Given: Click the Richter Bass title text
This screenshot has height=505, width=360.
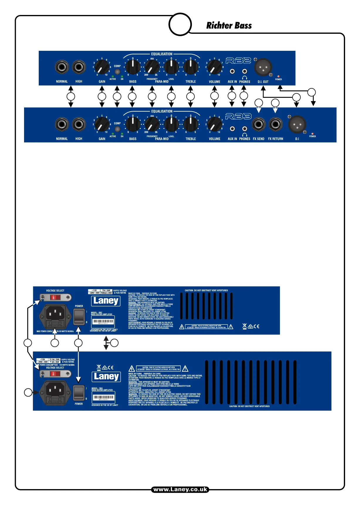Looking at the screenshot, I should tap(229, 26).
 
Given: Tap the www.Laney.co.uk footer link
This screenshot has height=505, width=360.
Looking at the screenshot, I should tap(180, 489).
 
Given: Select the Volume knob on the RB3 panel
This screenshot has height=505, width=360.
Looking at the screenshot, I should tap(214, 124).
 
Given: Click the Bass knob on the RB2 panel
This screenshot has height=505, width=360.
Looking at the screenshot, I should tap(133, 67).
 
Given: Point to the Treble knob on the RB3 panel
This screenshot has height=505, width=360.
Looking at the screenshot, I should tap(190, 124).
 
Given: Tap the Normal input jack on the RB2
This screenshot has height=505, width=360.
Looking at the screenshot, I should tap(62, 67).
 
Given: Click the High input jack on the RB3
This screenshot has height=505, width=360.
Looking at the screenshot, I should tap(79, 124).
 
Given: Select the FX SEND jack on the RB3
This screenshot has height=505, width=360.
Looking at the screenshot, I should tap(258, 124).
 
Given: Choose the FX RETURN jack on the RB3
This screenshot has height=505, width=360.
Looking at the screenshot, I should tap(275, 124).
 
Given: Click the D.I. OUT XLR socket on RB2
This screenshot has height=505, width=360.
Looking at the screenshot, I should tap(263, 67).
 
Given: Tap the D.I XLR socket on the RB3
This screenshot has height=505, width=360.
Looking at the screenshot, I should tap(297, 124).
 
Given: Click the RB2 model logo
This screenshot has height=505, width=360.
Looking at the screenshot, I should tap(238, 60).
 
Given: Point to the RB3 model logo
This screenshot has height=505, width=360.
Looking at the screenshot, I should tap(238, 117).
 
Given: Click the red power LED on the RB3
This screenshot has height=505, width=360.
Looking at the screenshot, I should tap(312, 134).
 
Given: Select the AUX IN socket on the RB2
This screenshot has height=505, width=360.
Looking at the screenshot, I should tap(232, 71).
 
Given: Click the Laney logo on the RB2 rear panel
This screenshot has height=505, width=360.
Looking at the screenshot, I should tap(106, 301).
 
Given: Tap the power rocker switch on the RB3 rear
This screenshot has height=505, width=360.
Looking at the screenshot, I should tap(79, 393).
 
